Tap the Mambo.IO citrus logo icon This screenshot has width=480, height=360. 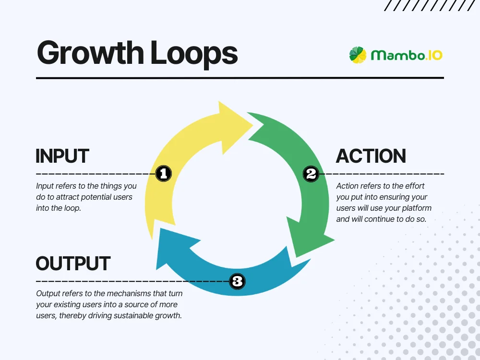pos(358,55)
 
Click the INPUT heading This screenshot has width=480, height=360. pos(62,156)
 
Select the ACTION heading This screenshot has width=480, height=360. pos(371,156)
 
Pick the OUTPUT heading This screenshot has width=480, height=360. pos(73,264)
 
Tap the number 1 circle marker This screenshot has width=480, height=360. pos(163,174)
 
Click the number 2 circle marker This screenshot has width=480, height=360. pos(311,174)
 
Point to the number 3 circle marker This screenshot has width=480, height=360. pos(237,281)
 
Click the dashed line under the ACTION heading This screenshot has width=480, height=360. pos(384,174)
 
